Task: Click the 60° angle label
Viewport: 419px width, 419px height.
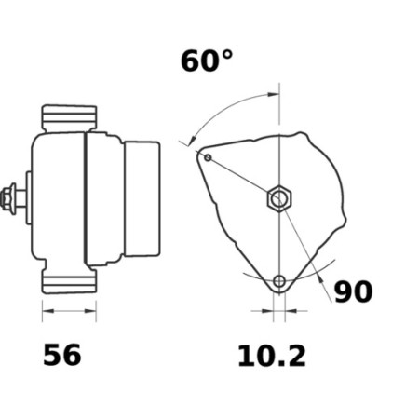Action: click(x=207, y=61)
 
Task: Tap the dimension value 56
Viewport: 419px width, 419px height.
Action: click(x=62, y=354)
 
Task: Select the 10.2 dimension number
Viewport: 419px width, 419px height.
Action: click(x=272, y=354)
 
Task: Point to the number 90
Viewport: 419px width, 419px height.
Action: click(x=353, y=292)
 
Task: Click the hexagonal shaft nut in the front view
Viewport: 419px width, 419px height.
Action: click(x=278, y=198)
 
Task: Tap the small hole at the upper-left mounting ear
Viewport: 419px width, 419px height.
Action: click(x=208, y=157)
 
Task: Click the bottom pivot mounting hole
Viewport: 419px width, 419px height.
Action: click(x=279, y=281)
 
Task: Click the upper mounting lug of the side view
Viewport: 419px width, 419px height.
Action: click(x=69, y=118)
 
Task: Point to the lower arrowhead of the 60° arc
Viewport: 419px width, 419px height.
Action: click(x=192, y=142)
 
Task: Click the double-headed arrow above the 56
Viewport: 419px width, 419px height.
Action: click(x=69, y=309)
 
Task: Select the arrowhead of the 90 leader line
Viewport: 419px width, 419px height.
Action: click(x=316, y=273)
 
